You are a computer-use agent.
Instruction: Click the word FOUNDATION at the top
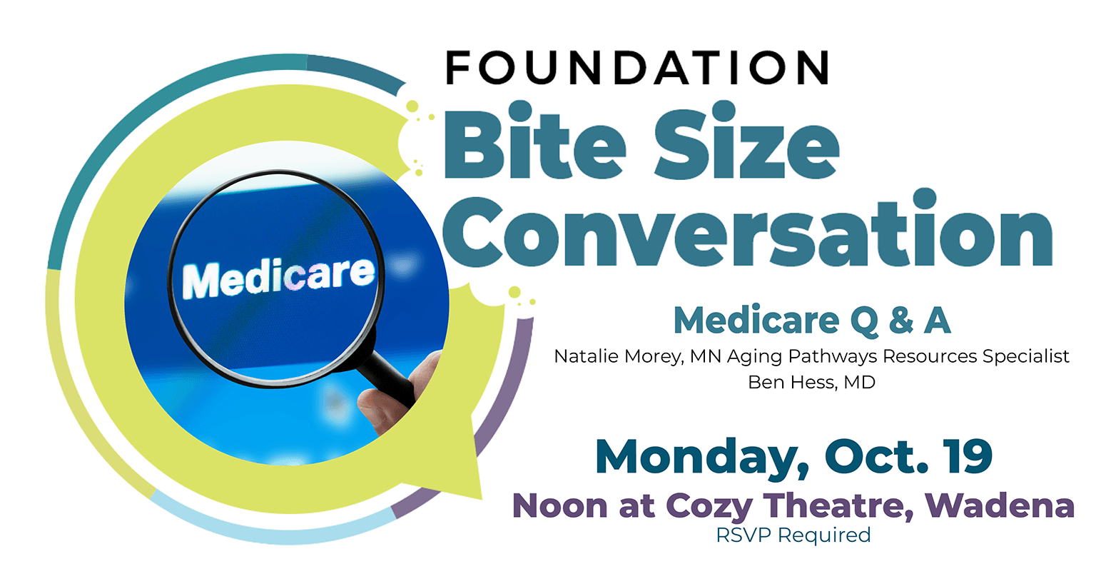637,68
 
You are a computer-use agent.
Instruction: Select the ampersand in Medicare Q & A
900,321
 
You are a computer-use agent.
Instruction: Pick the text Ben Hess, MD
811,382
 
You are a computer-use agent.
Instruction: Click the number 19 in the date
968,456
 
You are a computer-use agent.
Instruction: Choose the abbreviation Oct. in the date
876,456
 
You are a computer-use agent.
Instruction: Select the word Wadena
1000,505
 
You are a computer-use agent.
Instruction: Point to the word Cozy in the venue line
709,507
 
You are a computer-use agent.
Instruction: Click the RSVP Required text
793,535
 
